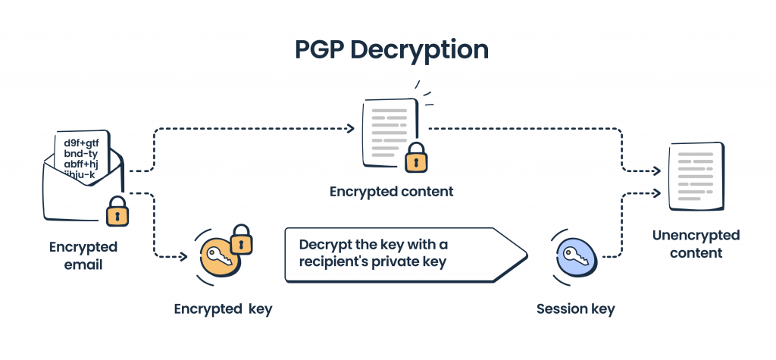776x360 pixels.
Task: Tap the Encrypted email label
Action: [x=83, y=256]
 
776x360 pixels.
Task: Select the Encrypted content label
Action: [x=391, y=192]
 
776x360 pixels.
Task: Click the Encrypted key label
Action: [x=223, y=308]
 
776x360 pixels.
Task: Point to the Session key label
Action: [x=575, y=308]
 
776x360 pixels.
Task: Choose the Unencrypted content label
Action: [x=696, y=244]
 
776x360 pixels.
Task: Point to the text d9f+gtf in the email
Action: [x=83, y=142]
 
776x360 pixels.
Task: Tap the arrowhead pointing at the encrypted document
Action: [x=351, y=128]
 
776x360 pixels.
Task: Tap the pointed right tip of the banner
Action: [x=525, y=255]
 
